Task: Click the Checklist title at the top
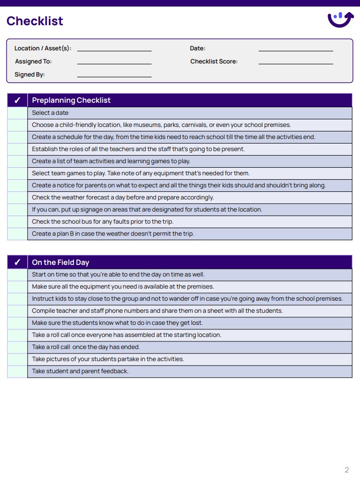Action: click(35, 21)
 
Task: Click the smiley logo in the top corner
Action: click(341, 20)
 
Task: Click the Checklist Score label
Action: click(213, 61)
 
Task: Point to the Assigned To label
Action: click(33, 61)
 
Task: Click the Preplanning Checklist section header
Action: click(71, 100)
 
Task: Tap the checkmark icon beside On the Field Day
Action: click(17, 262)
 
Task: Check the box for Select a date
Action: click(17, 113)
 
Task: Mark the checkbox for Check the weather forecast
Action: click(17, 197)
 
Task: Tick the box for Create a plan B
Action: click(17, 234)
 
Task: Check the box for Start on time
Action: click(17, 274)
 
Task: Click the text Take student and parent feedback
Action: click(80, 371)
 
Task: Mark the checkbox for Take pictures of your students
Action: click(17, 359)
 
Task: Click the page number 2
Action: click(346, 470)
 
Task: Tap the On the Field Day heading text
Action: click(60, 262)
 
